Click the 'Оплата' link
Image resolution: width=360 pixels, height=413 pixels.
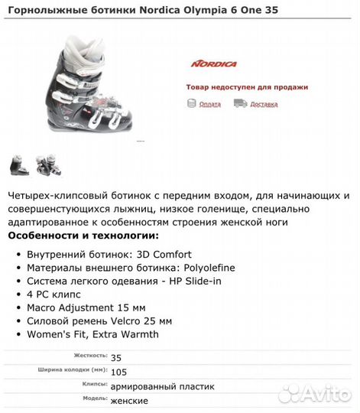click(210, 104)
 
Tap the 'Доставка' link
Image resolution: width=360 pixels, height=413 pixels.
click(264, 104)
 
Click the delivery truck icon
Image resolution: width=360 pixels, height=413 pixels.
click(241, 103)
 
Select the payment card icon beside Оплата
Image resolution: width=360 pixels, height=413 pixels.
click(192, 103)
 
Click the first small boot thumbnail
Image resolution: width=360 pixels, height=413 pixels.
click(19, 164)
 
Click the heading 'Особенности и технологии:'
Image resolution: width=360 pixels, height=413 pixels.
click(84, 236)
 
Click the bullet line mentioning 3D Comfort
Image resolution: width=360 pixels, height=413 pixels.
click(109, 254)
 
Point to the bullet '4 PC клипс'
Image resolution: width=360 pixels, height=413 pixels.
click(54, 294)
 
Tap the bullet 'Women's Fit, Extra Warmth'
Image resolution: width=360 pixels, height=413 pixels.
click(93, 334)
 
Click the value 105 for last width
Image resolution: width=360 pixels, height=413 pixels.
click(119, 372)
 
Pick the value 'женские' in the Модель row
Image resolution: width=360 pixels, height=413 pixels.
click(130, 401)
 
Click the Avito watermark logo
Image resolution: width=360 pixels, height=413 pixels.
click(313, 393)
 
